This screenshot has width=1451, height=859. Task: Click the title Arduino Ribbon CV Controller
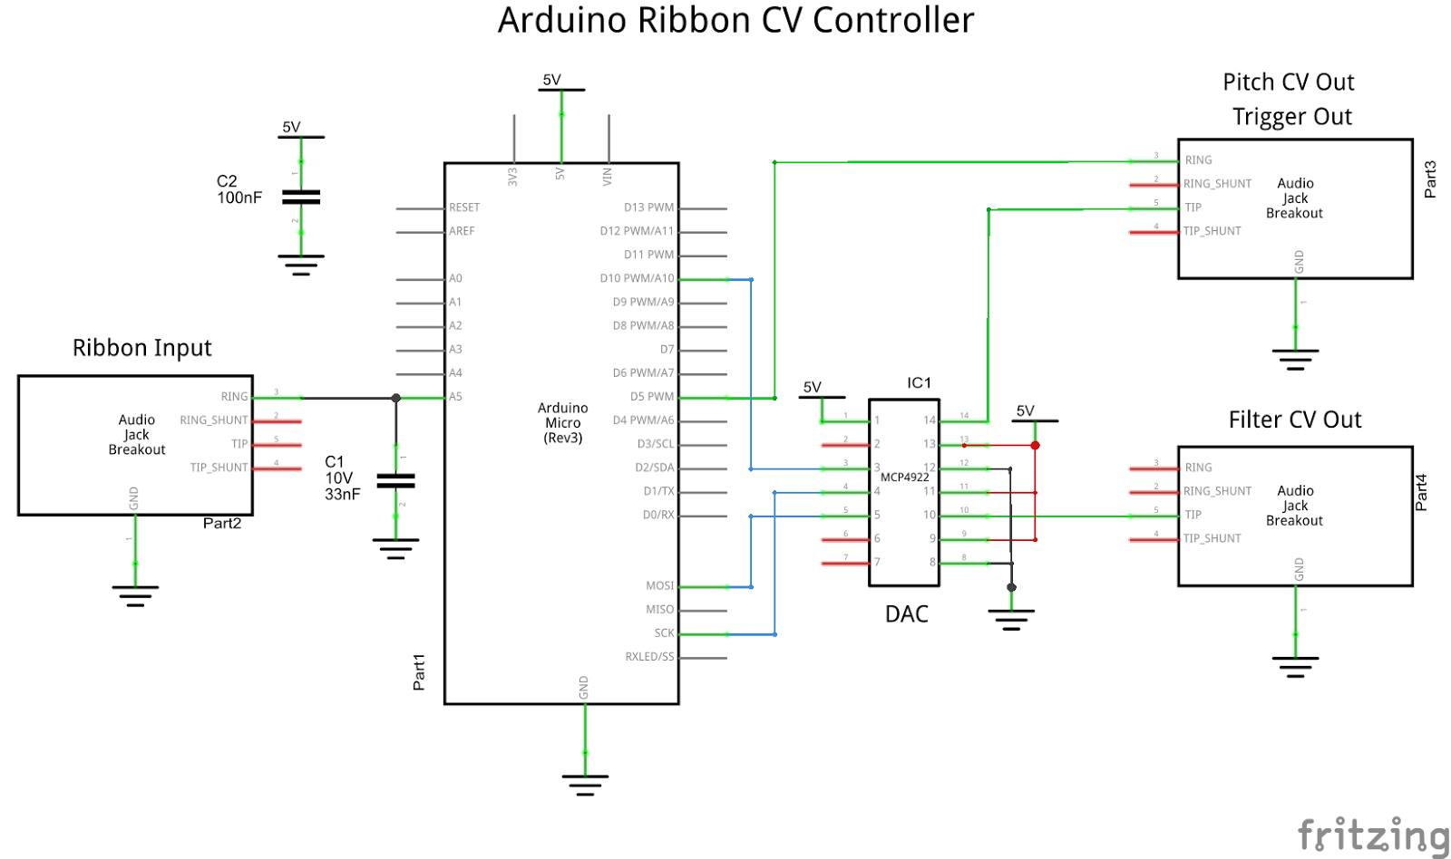point(735,21)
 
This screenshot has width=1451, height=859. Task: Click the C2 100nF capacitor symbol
point(301,197)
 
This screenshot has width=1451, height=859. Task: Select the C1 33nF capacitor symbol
point(395,480)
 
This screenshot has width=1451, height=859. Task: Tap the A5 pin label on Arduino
point(455,397)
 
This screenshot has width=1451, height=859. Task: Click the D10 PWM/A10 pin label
point(637,278)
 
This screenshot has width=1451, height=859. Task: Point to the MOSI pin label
point(659,585)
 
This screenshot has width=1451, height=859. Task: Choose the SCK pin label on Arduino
point(664,633)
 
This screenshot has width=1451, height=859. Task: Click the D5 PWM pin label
point(652,397)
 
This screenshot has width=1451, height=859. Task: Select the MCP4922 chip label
point(904,478)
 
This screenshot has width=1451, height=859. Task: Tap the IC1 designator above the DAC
point(919,383)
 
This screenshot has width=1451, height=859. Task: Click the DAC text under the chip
point(906,614)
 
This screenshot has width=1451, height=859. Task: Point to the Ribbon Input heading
point(141,348)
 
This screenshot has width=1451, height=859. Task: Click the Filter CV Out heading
point(1294,420)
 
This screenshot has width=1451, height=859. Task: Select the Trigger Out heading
point(1291,117)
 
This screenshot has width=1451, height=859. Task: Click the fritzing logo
point(1372,835)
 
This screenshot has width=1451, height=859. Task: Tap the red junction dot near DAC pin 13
point(1035,445)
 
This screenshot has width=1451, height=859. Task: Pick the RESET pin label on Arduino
point(463,208)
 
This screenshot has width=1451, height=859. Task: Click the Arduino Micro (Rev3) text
point(562,423)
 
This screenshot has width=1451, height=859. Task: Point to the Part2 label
point(222,524)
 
